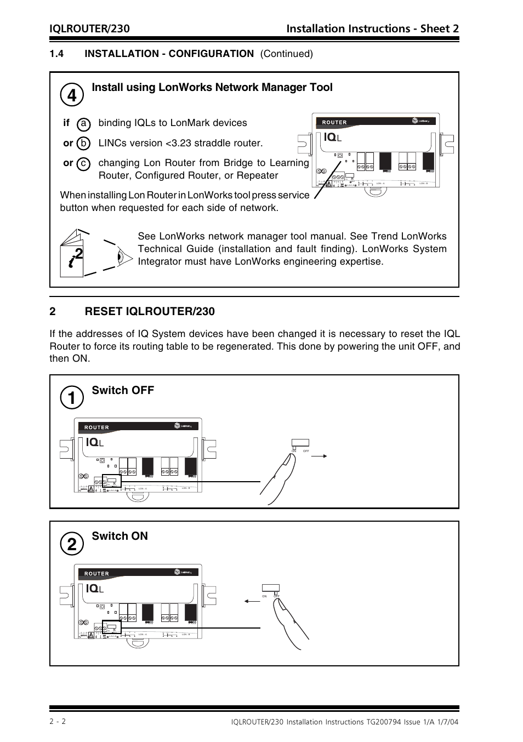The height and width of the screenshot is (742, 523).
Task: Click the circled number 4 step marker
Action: (x=72, y=95)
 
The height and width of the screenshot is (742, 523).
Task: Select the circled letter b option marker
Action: (x=83, y=144)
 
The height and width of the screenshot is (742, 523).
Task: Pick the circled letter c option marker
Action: (x=83, y=163)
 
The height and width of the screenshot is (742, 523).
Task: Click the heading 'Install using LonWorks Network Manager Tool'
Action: (x=212, y=88)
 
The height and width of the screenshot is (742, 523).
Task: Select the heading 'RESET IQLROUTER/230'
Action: (x=150, y=311)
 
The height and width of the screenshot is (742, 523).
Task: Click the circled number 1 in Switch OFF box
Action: (x=72, y=397)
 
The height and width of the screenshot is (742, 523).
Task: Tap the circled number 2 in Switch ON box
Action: (x=72, y=544)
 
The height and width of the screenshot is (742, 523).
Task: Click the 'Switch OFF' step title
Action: (x=123, y=390)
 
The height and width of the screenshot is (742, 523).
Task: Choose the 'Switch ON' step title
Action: (x=120, y=536)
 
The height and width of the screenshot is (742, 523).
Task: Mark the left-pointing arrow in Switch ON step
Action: (x=252, y=601)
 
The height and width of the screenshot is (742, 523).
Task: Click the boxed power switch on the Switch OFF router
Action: (x=112, y=481)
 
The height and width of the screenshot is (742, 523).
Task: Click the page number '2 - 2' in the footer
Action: (x=58, y=722)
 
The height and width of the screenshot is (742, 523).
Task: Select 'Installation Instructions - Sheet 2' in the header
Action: (x=372, y=28)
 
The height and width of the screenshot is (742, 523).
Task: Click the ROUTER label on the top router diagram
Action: (x=334, y=123)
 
